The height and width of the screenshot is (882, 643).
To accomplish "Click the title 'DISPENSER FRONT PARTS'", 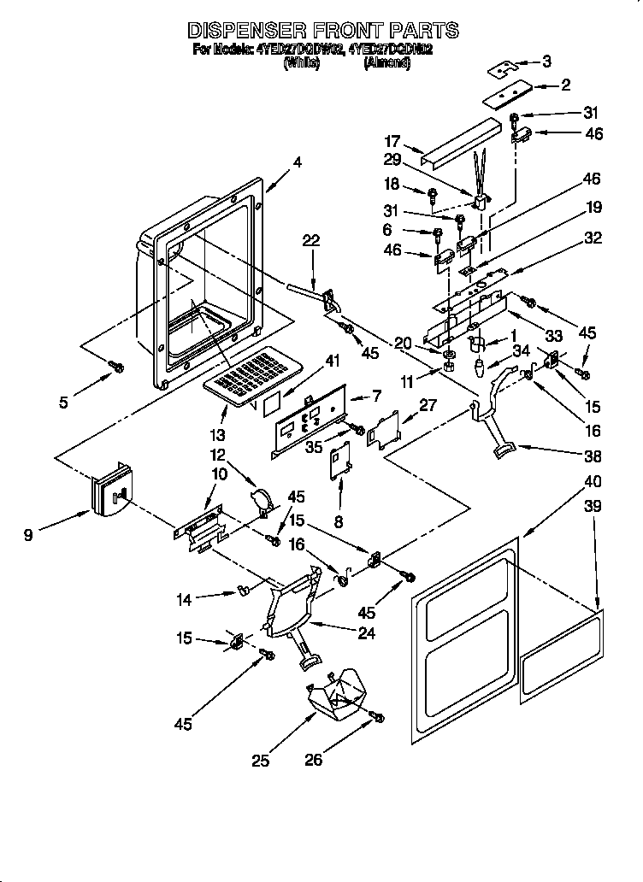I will pyautogui.click(x=322, y=31).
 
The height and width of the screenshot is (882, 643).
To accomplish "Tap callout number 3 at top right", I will pyautogui.click(x=546, y=61).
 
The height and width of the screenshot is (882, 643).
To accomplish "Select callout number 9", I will pyautogui.click(x=29, y=536).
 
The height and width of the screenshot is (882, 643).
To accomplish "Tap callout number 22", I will pyautogui.click(x=311, y=241).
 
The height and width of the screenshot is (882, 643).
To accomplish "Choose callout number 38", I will pyautogui.click(x=593, y=456).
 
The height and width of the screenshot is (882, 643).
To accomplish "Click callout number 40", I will pyautogui.click(x=592, y=481).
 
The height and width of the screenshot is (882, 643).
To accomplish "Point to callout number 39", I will pyautogui.click(x=592, y=507).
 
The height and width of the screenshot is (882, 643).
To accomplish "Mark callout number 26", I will pyautogui.click(x=314, y=759).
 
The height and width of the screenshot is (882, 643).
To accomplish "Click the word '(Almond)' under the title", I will pyautogui.click(x=386, y=63).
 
